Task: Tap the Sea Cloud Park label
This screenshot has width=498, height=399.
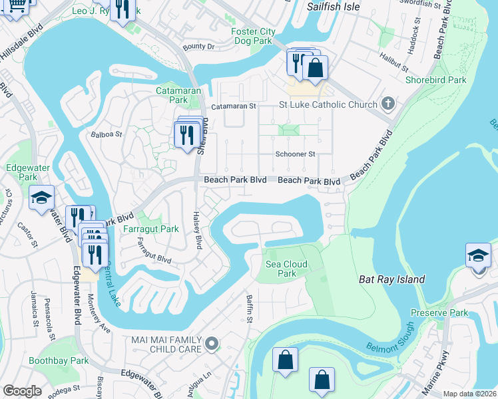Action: (286, 269)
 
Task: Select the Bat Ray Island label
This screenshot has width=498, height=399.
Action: (391, 280)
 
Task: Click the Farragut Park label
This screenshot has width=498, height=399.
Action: (151, 229)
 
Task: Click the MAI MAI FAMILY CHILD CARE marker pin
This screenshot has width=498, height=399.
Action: (212, 343)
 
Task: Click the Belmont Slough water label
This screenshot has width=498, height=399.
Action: (389, 340)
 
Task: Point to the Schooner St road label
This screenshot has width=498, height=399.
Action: (295, 154)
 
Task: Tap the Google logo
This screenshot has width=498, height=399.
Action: (23, 391)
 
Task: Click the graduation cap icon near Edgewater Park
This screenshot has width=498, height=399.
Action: (41, 198)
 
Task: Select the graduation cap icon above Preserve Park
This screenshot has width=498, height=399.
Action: (478, 256)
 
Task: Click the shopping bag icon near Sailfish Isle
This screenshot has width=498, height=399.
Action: (315, 67)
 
